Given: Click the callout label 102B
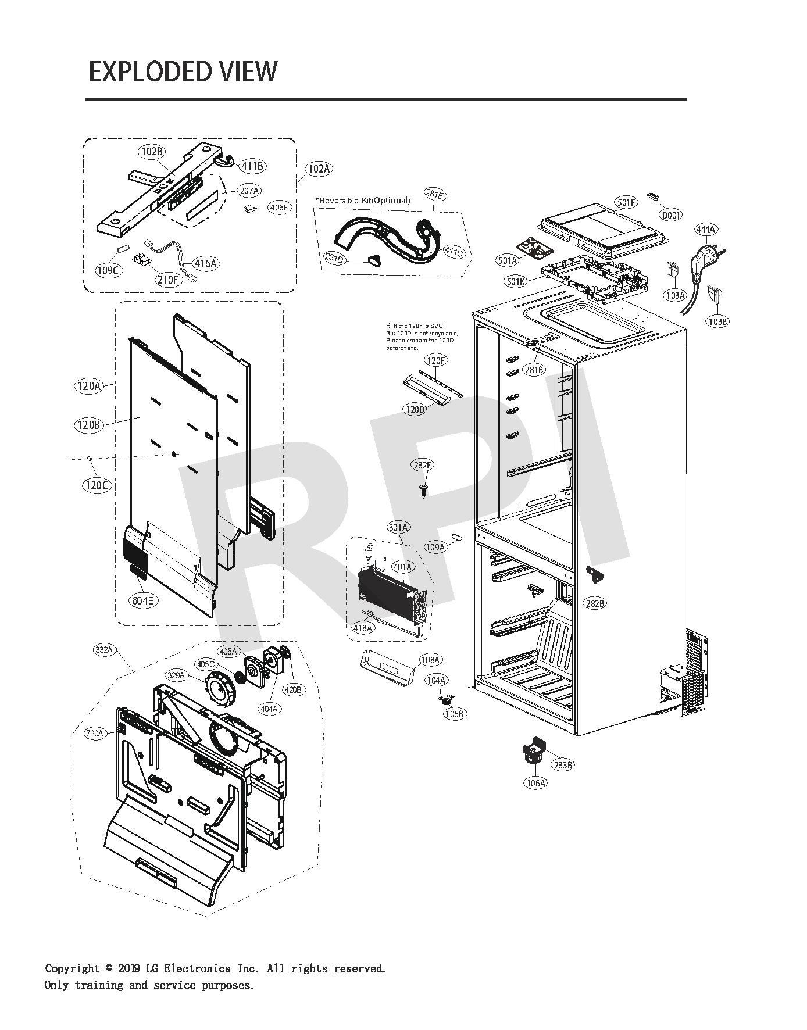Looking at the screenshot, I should pos(152,152).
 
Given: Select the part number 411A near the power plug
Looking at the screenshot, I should pos(705,230).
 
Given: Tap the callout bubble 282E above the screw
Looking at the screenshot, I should pos(423,465).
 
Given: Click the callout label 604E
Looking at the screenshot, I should pos(142,600).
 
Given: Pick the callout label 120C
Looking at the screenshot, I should pos(97,485).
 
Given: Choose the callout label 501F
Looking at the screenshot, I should pos(627,202).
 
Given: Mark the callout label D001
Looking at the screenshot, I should pos(670,215).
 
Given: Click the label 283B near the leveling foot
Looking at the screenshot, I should pos(563,765).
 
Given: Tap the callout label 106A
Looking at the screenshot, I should pos(535,783).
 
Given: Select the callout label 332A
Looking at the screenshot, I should pos(103,650).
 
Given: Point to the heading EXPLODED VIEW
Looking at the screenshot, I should pos(183,71).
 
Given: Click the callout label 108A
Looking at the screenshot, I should pos(430,660).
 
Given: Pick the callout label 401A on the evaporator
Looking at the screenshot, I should pos(402,566).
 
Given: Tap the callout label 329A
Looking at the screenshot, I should pos(176,675).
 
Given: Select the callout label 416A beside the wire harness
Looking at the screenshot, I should pos(205,263).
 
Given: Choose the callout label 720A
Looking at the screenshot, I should pos(95,734).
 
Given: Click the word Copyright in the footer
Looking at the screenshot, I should pos(72,968).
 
